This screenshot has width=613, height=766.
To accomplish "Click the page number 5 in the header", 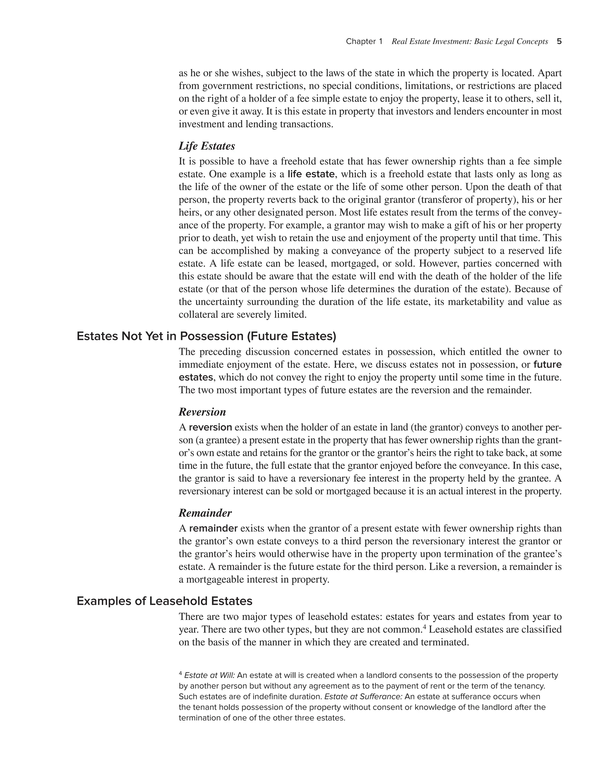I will click(x=559, y=42).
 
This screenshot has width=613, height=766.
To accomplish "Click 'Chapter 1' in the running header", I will click(x=364, y=42).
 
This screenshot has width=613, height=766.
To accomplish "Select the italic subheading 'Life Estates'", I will click(x=207, y=146).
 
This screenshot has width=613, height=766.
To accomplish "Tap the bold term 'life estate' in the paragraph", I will click(x=311, y=174).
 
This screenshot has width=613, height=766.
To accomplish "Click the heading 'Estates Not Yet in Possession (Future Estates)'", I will click(x=206, y=336).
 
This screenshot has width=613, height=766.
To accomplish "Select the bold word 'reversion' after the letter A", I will click(x=210, y=427).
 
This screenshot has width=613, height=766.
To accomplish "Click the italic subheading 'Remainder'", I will click(x=205, y=513).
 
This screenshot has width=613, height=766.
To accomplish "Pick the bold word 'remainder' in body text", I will click(x=213, y=528).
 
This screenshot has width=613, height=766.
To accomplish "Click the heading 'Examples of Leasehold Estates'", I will click(x=164, y=601).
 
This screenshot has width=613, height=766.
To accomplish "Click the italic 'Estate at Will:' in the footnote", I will click(x=209, y=675).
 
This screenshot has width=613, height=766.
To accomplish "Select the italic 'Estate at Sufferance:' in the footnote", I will click(x=363, y=696).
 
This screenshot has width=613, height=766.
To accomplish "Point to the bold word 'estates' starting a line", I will click(x=195, y=377).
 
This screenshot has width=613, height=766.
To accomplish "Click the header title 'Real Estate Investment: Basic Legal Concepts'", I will click(x=469, y=42).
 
